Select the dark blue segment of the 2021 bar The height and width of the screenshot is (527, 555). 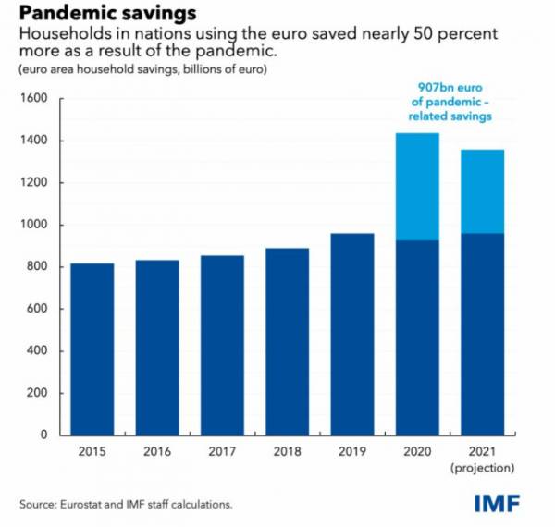coord(482,334)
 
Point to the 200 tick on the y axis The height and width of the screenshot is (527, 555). coord(38,393)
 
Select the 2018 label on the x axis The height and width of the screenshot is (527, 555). coord(287,452)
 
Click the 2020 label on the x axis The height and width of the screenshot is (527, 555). coord(417,452)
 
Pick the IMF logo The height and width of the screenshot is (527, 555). coord(497,504)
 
